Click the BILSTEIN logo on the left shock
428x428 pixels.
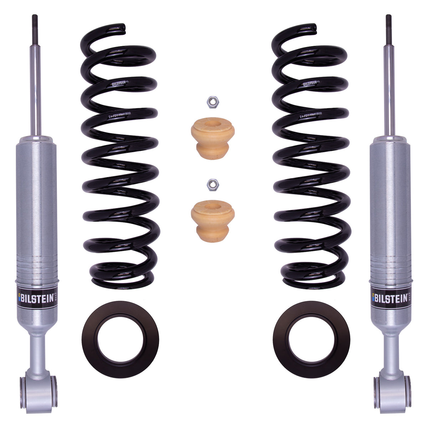(37, 298)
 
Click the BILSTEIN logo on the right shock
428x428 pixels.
(390, 298)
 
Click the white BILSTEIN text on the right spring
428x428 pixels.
(311, 84)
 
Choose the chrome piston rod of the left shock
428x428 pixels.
(37, 89)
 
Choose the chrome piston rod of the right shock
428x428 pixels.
(390, 89)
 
